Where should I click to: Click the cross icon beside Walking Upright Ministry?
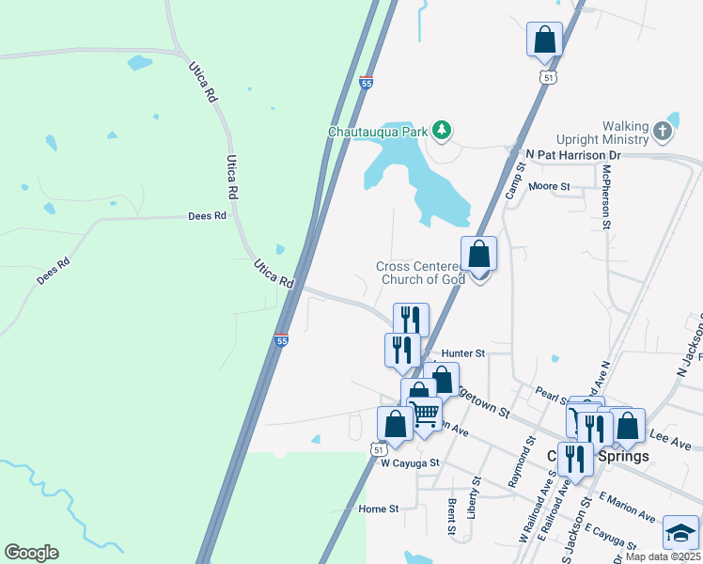(x=664, y=131)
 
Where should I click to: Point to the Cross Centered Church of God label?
(x=420, y=273)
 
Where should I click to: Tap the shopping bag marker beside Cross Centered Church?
(x=479, y=255)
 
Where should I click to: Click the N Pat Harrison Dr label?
(x=574, y=153)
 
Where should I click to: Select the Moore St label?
(x=549, y=187)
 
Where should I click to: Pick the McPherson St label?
(x=607, y=196)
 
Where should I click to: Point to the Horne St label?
(x=379, y=509)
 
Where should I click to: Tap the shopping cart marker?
(x=426, y=414)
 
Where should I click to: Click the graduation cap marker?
(x=680, y=533)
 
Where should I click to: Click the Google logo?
(x=31, y=553)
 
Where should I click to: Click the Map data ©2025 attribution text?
(x=663, y=556)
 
